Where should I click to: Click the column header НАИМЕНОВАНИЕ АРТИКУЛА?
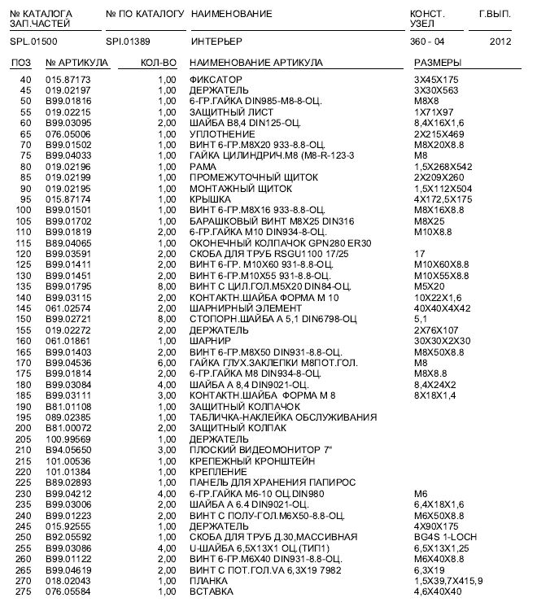coord(255,63)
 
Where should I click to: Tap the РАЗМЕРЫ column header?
coord(438,63)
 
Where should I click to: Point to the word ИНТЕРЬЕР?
coord(216,40)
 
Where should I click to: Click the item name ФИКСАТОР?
coord(212,79)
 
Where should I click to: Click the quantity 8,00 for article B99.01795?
coord(167,287)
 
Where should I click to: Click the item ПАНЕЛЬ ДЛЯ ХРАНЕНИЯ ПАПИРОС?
coord(260,482)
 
